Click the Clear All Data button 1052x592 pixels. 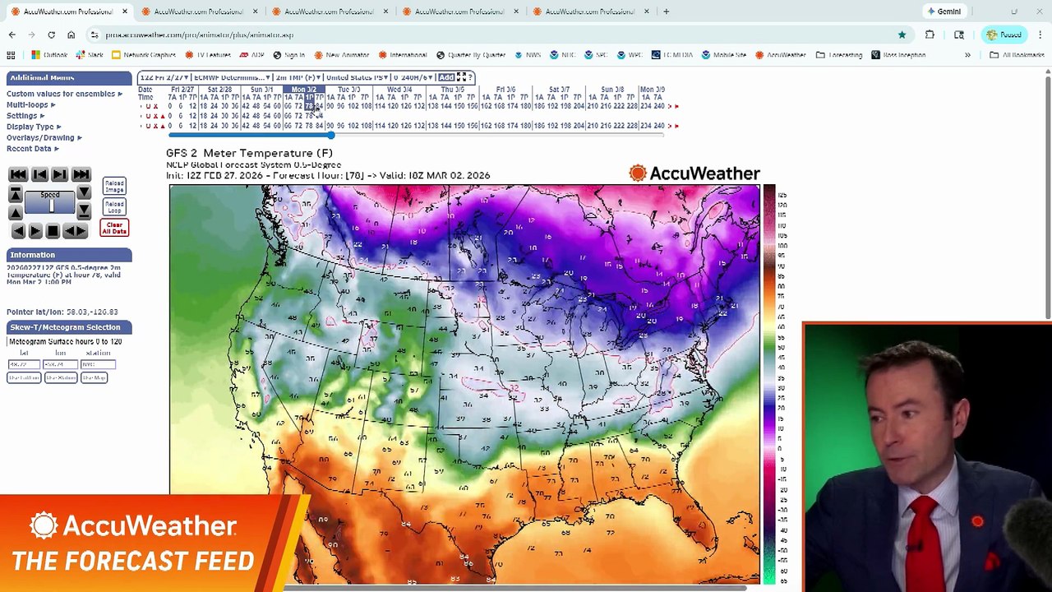coord(114,228)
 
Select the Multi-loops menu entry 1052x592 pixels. coord(28,104)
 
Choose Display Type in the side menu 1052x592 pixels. coord(30,127)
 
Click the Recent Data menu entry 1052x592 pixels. coord(29,149)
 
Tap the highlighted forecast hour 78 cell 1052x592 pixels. coord(310,106)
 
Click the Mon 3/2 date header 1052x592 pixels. coord(303,89)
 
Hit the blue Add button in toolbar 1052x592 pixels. coord(446,77)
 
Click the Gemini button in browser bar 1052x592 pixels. coord(944,12)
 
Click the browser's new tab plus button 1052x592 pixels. coord(666,12)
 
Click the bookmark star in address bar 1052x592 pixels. coord(902,35)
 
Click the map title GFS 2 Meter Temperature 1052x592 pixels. coord(249,153)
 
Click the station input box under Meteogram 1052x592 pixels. coord(98,364)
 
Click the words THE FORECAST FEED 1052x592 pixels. coord(133,562)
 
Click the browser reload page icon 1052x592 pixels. coord(51,35)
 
